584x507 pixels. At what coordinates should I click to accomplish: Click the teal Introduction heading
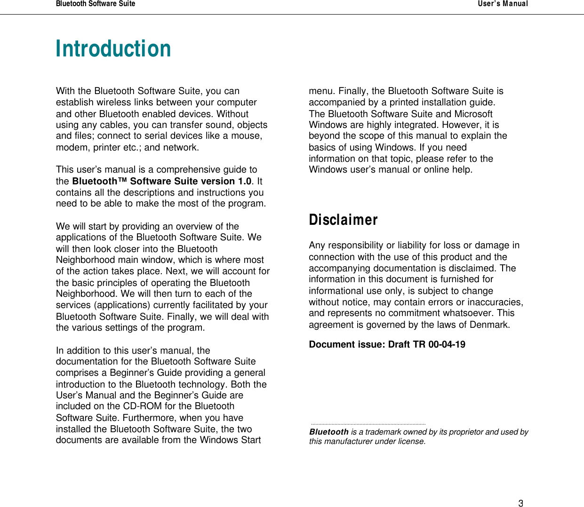113,49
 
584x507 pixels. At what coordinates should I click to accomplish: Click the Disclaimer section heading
343,220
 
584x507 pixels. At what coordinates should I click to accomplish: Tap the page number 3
520,503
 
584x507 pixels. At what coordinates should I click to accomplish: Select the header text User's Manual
503,4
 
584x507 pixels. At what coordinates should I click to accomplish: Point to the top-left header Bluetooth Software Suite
96,4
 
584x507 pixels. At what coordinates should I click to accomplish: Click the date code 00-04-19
447,345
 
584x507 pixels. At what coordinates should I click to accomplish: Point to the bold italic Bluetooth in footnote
329,432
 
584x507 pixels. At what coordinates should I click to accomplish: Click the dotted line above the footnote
368,424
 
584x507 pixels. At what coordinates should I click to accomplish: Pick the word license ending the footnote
411,442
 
